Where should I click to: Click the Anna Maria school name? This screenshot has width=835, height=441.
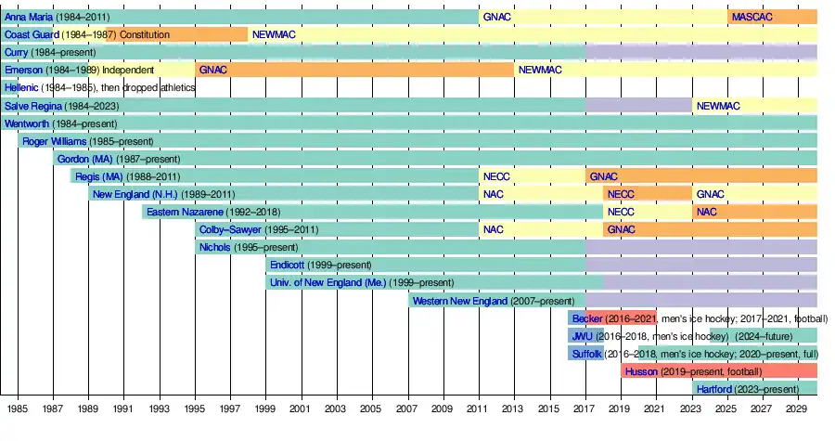[x=29, y=17]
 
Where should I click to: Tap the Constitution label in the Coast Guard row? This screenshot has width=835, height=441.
[x=145, y=34]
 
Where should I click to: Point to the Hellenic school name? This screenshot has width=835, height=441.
[x=22, y=87]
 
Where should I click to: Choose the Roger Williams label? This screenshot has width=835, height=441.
[x=56, y=141]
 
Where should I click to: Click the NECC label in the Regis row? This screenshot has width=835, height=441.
[x=495, y=176]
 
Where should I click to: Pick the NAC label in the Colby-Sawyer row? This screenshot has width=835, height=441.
[x=494, y=229]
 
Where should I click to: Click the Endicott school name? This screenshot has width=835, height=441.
[x=287, y=265]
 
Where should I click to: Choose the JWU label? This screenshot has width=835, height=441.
[x=582, y=336]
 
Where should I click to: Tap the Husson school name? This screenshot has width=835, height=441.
[x=642, y=371]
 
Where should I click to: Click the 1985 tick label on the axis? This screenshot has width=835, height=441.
[x=17, y=409]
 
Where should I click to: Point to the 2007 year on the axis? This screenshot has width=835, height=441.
[x=406, y=409]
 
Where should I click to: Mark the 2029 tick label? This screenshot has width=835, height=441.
[x=795, y=409]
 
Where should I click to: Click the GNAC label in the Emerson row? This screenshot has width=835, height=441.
[x=213, y=70]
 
